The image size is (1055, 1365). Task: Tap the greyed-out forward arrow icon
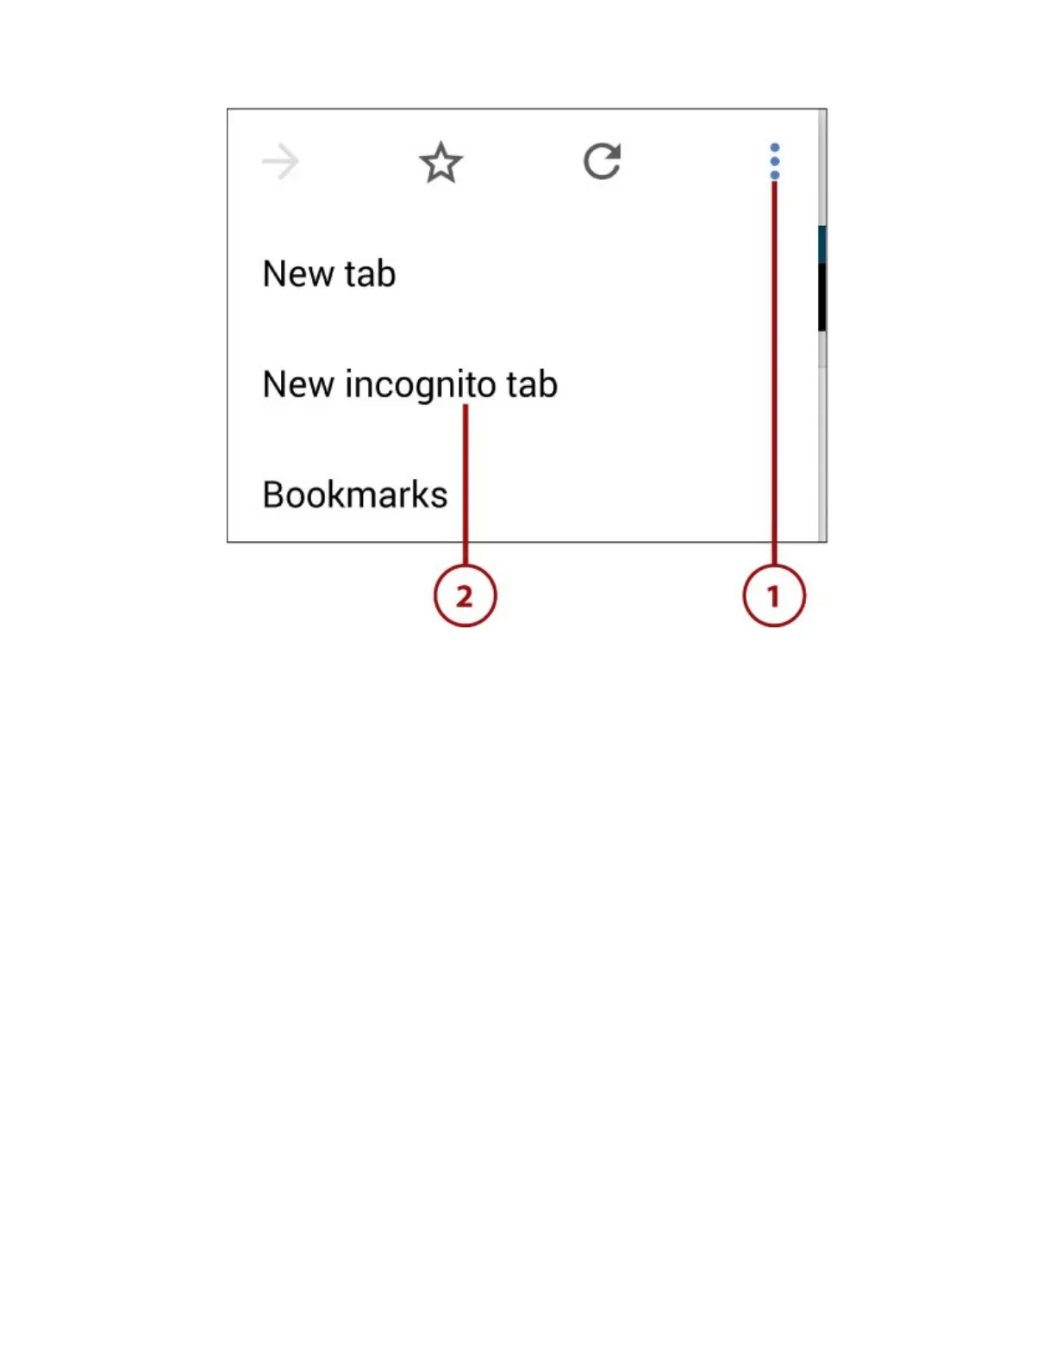280,162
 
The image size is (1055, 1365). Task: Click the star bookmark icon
440,162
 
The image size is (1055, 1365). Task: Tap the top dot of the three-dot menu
775,147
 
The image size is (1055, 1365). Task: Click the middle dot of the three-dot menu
775,161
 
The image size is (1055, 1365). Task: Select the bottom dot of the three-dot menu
775,175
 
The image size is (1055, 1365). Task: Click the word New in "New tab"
298,274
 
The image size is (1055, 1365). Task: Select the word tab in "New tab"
370,274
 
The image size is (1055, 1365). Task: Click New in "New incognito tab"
298,384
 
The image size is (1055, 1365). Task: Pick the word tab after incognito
532,384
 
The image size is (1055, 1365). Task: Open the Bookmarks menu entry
355,495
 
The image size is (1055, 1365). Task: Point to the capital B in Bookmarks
273,495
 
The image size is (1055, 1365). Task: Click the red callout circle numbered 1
774,595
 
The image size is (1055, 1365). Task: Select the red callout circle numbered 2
465,595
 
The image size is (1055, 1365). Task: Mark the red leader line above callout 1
774,371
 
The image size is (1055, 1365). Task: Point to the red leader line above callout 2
465,483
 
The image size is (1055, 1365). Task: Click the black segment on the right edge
822,296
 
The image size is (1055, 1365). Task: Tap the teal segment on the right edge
822,244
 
